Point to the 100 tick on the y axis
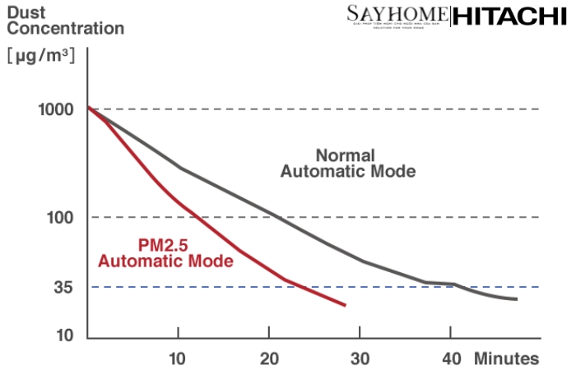click(63, 218)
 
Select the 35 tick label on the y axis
click(67, 287)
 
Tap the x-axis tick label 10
click(178, 358)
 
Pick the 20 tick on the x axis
click(268, 358)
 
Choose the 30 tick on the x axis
click(360, 358)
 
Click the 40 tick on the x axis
click(450, 358)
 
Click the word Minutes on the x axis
click(506, 358)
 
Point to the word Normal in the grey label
click(346, 155)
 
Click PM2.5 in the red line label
click(164, 245)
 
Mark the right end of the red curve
click(345, 305)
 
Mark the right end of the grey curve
click(516, 298)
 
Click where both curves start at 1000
click(89, 109)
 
